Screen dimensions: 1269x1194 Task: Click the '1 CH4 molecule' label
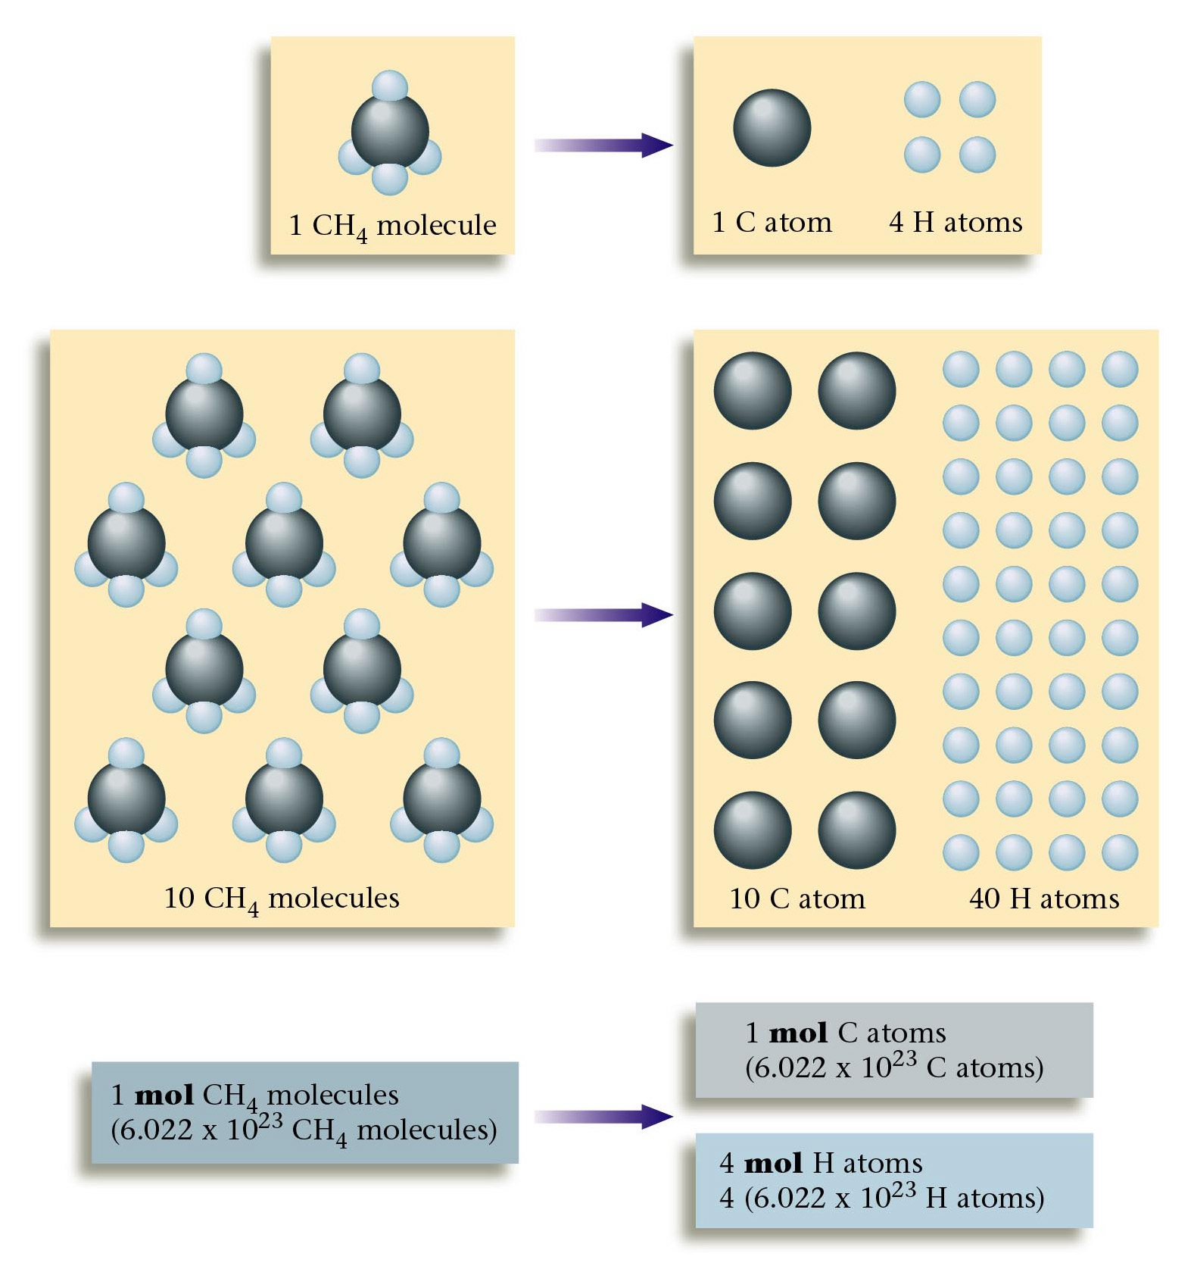(392, 225)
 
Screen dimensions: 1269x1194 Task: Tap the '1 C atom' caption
(772, 222)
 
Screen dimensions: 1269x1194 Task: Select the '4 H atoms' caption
(956, 222)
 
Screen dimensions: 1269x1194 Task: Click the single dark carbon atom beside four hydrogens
(772, 127)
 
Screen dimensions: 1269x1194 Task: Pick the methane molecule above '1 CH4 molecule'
(390, 133)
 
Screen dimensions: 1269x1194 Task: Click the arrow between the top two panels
(603, 145)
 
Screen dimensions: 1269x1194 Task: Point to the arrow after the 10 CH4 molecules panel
(603, 614)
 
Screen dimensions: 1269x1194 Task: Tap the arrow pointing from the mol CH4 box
(603, 1116)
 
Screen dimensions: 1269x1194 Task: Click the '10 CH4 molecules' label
(282, 899)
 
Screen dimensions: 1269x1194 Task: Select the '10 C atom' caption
(797, 899)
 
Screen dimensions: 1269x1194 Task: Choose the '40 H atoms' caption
(1043, 899)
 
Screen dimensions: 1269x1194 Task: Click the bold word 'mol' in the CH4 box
(164, 1095)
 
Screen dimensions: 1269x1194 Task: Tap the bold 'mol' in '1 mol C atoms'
(798, 1033)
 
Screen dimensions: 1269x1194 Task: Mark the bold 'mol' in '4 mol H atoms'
(773, 1163)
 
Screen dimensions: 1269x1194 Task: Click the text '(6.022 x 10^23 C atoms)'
(894, 1067)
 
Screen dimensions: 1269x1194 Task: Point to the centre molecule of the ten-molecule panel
(284, 542)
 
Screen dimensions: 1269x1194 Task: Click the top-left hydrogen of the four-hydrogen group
(922, 99)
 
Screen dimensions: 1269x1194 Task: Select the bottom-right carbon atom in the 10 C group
(856, 830)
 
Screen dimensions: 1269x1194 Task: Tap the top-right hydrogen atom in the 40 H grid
(1120, 369)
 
